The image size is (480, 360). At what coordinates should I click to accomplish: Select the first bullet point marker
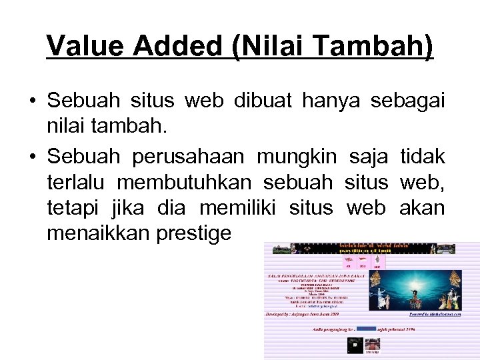click(32, 103)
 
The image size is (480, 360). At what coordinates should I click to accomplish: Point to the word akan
click(421, 208)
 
